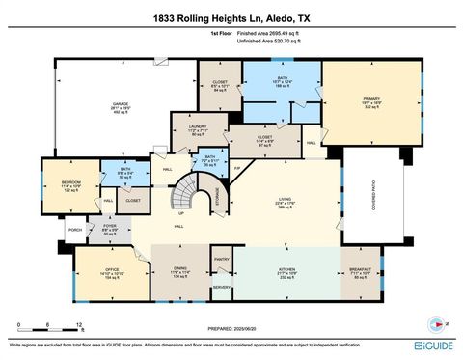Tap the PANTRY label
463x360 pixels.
click(221, 260)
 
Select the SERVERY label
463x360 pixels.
click(221, 287)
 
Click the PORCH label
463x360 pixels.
click(74, 231)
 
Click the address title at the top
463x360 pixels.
click(231, 18)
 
